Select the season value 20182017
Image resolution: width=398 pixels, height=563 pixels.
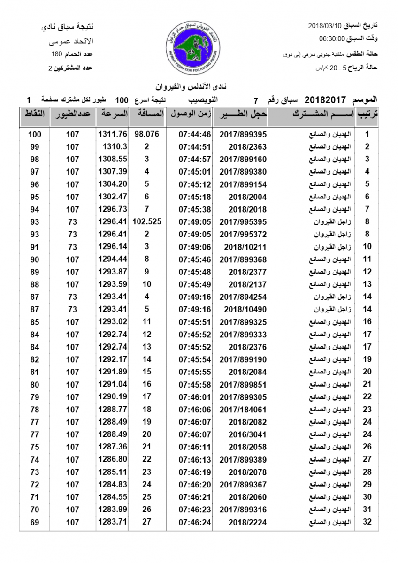click(325, 100)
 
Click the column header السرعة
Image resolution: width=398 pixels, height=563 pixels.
click(113, 114)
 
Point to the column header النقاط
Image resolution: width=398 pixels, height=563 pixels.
click(34, 114)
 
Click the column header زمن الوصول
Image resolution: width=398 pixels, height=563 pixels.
click(189, 114)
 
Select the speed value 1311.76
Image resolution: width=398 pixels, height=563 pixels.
click(113, 134)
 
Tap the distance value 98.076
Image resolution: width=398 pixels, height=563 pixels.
click(147, 134)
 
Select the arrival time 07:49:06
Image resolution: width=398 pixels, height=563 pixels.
click(195, 246)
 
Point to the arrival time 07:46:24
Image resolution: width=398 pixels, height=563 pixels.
click(195, 522)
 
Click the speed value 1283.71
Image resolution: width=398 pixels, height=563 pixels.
click(113, 522)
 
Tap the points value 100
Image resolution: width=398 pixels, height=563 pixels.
click(35, 134)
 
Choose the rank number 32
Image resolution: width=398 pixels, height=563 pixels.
click(367, 522)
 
